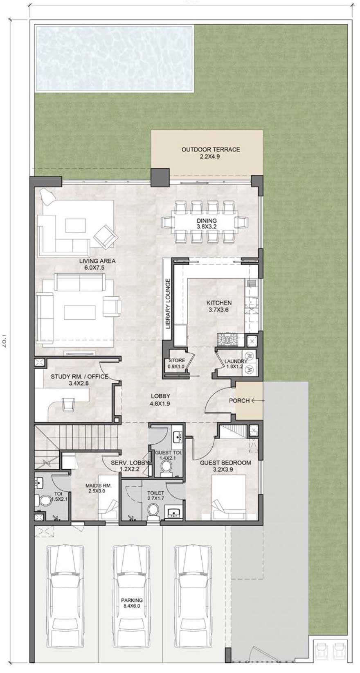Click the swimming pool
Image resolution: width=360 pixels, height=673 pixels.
[115, 58]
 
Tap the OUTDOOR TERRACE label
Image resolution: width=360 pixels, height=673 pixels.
[210, 153]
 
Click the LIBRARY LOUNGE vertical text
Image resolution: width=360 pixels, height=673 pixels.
[167, 303]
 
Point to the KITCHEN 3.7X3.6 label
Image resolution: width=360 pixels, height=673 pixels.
[218, 306]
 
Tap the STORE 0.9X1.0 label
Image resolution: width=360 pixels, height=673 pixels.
[177, 363]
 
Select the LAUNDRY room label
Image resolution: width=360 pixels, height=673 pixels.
[235, 364]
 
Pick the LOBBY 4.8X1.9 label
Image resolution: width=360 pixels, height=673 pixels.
[160, 400]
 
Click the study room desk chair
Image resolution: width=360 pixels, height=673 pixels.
[68, 404]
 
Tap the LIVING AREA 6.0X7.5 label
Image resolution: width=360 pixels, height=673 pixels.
[97, 264]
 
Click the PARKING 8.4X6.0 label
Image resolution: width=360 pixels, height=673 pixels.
[132, 603]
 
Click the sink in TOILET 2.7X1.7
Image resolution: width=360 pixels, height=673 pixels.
[173, 512]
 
